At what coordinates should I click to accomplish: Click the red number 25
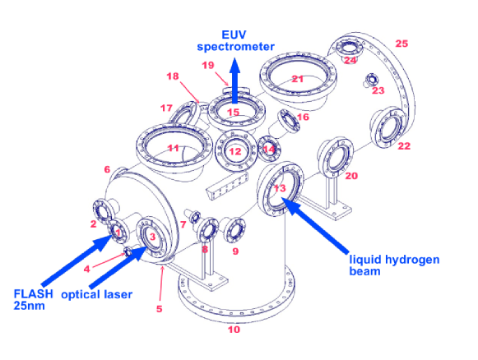click(401, 44)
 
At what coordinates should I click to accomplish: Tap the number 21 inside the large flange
click(297, 79)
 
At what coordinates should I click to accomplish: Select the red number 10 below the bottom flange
click(234, 330)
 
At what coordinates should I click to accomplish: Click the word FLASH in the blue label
click(33, 294)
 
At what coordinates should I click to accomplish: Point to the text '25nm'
click(29, 306)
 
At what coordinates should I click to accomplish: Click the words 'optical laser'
click(96, 294)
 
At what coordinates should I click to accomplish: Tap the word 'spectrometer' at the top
click(235, 47)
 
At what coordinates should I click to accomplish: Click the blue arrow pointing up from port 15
click(234, 81)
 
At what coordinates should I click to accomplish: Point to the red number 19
click(208, 65)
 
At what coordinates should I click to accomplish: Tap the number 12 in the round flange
click(235, 151)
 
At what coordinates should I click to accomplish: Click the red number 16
click(303, 117)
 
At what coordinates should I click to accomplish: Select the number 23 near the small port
click(378, 90)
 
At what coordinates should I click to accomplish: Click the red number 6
click(107, 169)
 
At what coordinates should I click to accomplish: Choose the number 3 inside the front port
click(152, 237)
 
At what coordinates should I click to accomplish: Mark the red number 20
click(351, 176)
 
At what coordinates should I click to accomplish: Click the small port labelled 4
click(128, 252)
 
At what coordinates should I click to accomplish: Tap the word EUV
click(234, 35)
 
